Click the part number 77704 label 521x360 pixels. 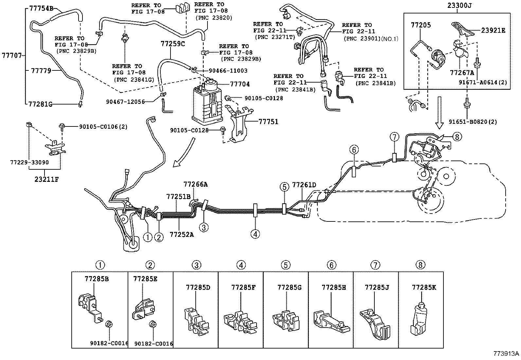(240, 84)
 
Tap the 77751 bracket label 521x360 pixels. (268, 122)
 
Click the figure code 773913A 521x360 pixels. (506, 354)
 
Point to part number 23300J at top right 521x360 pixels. (457, 5)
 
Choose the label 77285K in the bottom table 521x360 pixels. (424, 288)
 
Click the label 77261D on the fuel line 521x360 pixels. (304, 185)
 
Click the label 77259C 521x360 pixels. (172, 44)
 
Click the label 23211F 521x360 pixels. (45, 180)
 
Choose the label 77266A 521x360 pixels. (195, 184)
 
